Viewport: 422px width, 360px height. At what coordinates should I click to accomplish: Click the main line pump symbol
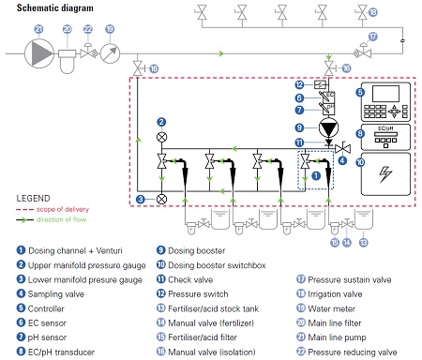[39, 53]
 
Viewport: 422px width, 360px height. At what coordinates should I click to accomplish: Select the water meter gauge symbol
[110, 53]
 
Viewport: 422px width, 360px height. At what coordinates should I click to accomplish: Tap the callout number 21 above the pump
[38, 29]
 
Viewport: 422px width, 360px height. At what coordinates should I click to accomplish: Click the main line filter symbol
[68, 61]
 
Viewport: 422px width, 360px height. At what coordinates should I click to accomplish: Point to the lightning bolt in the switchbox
[385, 174]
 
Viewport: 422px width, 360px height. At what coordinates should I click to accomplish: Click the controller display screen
[385, 94]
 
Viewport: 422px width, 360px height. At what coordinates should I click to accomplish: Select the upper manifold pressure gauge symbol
[161, 137]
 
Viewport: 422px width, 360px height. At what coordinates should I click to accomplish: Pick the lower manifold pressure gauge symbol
[161, 199]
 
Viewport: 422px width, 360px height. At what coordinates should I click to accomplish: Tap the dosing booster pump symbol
[328, 127]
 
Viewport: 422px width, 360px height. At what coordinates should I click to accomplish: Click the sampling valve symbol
[342, 148]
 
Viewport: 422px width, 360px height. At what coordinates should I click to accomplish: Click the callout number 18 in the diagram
[372, 12]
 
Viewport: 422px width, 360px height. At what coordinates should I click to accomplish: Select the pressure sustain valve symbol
[363, 52]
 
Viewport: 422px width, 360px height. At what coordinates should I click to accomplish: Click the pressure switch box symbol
[320, 84]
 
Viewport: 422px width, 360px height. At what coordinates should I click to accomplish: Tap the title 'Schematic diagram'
[55, 7]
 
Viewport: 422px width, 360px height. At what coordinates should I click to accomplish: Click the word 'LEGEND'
[33, 199]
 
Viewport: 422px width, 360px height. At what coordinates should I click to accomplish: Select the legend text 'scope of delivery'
[63, 209]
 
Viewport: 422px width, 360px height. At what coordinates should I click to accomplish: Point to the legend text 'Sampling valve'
[56, 294]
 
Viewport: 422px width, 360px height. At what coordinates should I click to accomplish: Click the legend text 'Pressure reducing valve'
[353, 352]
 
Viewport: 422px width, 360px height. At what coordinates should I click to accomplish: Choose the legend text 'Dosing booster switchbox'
[217, 265]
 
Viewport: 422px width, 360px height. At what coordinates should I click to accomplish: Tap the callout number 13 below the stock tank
[363, 243]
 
